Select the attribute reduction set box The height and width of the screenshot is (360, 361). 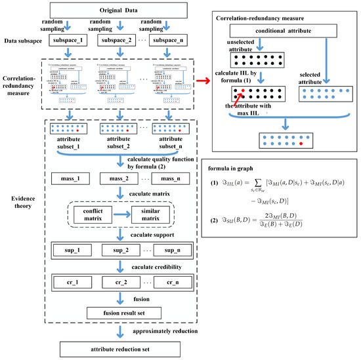[121, 348]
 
